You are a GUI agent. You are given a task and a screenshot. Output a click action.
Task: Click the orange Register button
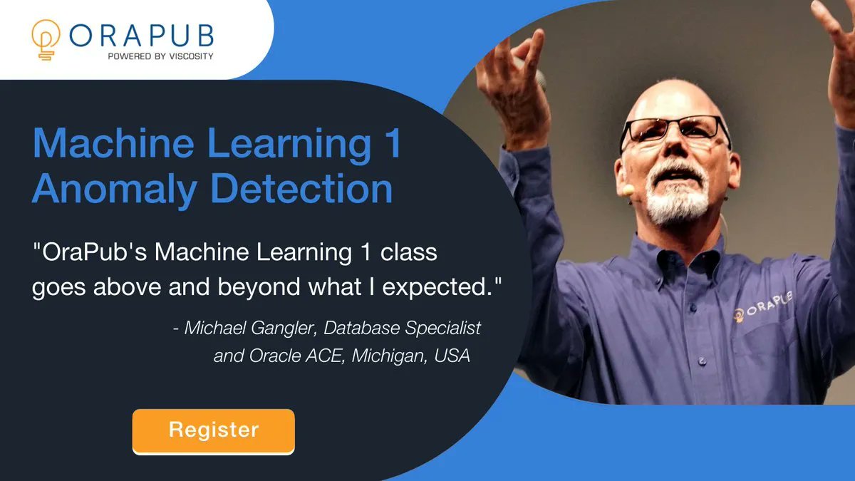[x=213, y=430]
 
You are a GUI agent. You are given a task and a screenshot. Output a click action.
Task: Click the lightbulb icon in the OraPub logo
[x=46, y=40]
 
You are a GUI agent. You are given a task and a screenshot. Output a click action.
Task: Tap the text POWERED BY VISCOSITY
[x=159, y=56]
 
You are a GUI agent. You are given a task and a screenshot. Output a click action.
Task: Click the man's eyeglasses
[x=673, y=132]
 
